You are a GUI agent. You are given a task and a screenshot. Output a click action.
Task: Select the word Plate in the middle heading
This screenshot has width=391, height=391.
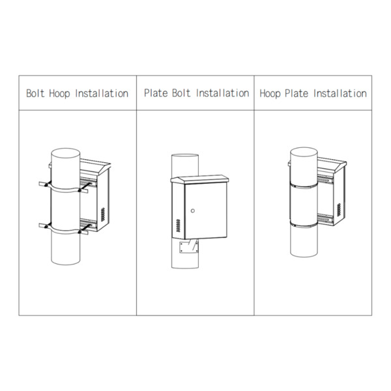click(x=156, y=93)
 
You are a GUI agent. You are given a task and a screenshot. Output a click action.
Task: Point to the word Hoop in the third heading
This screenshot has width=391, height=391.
click(x=270, y=93)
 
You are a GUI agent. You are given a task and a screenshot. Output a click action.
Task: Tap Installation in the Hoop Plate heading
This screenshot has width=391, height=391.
click(x=340, y=93)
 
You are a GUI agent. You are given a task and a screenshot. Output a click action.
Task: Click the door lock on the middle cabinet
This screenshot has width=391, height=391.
click(x=193, y=210)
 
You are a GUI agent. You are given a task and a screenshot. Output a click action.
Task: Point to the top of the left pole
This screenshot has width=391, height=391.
click(x=65, y=154)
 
